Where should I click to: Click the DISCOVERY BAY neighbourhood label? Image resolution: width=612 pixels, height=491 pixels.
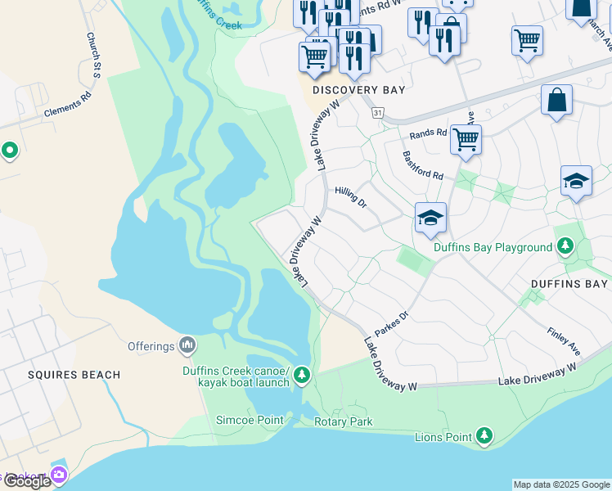click(x=358, y=90)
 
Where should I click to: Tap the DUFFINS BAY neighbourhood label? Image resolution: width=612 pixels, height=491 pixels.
click(x=569, y=284)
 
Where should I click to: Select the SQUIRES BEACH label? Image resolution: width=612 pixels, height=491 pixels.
click(x=74, y=375)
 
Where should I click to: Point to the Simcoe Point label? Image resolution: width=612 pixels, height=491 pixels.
click(x=250, y=421)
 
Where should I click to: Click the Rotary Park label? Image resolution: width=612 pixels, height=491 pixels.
click(x=344, y=422)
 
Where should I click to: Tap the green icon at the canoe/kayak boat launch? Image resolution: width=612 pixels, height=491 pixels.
click(x=303, y=375)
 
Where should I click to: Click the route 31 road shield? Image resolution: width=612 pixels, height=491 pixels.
click(x=377, y=112)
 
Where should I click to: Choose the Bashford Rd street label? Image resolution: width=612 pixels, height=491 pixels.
click(x=422, y=165)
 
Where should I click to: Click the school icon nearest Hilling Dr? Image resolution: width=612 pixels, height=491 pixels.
click(x=430, y=218)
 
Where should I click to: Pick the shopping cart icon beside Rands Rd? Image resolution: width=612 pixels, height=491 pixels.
click(x=466, y=140)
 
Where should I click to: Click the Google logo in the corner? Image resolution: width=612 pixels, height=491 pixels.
click(x=26, y=481)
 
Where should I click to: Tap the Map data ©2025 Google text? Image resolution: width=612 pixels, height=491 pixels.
click(x=561, y=484)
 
